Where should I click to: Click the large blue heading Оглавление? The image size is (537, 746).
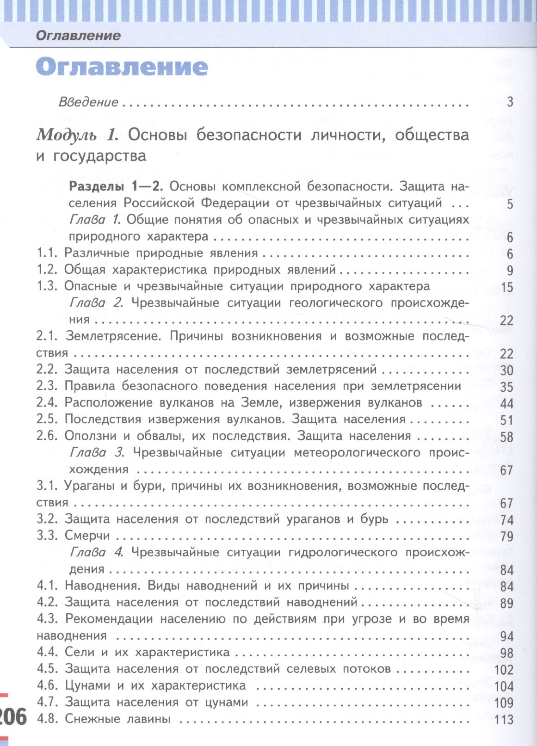click(x=122, y=67)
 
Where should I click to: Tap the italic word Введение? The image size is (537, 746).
click(x=88, y=102)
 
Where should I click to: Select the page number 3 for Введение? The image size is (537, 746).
click(x=510, y=102)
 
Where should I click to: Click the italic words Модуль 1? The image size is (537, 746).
click(x=77, y=135)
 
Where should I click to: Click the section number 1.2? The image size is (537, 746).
click(x=47, y=270)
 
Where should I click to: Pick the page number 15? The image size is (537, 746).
click(x=507, y=287)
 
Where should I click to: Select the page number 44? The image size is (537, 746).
click(x=507, y=404)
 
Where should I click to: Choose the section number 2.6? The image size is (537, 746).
click(x=47, y=436)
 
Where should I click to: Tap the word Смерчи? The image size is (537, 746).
click(x=87, y=536)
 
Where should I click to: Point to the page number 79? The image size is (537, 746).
click(x=507, y=536)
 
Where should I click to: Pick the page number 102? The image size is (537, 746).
click(x=504, y=670)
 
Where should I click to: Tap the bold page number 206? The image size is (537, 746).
click(x=13, y=717)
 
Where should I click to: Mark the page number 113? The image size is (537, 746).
click(x=504, y=720)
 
